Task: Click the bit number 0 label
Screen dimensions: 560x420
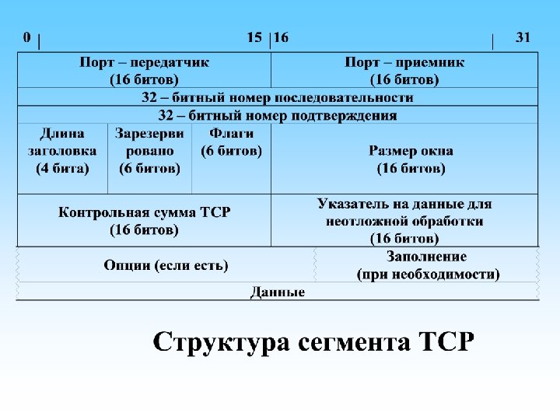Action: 27,37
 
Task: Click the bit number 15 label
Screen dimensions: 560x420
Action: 254,37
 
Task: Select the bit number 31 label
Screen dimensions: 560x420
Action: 523,37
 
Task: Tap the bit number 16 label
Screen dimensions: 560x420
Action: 281,37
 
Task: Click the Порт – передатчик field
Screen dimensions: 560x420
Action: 144,70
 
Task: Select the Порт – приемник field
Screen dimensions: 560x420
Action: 404,70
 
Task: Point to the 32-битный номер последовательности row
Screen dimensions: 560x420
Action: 278,98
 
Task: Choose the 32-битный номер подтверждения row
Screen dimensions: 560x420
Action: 278,115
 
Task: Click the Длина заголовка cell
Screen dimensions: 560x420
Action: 62,150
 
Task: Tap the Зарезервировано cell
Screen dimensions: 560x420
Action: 149,150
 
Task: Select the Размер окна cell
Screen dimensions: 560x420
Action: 411,159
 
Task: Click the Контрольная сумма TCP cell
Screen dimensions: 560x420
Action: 144,220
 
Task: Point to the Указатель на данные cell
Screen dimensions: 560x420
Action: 404,220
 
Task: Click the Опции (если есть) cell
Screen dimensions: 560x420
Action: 166,265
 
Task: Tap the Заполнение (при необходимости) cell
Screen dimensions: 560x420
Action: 428,265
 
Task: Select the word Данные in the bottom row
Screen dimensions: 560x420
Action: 278,292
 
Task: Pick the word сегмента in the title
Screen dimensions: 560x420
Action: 352,342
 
